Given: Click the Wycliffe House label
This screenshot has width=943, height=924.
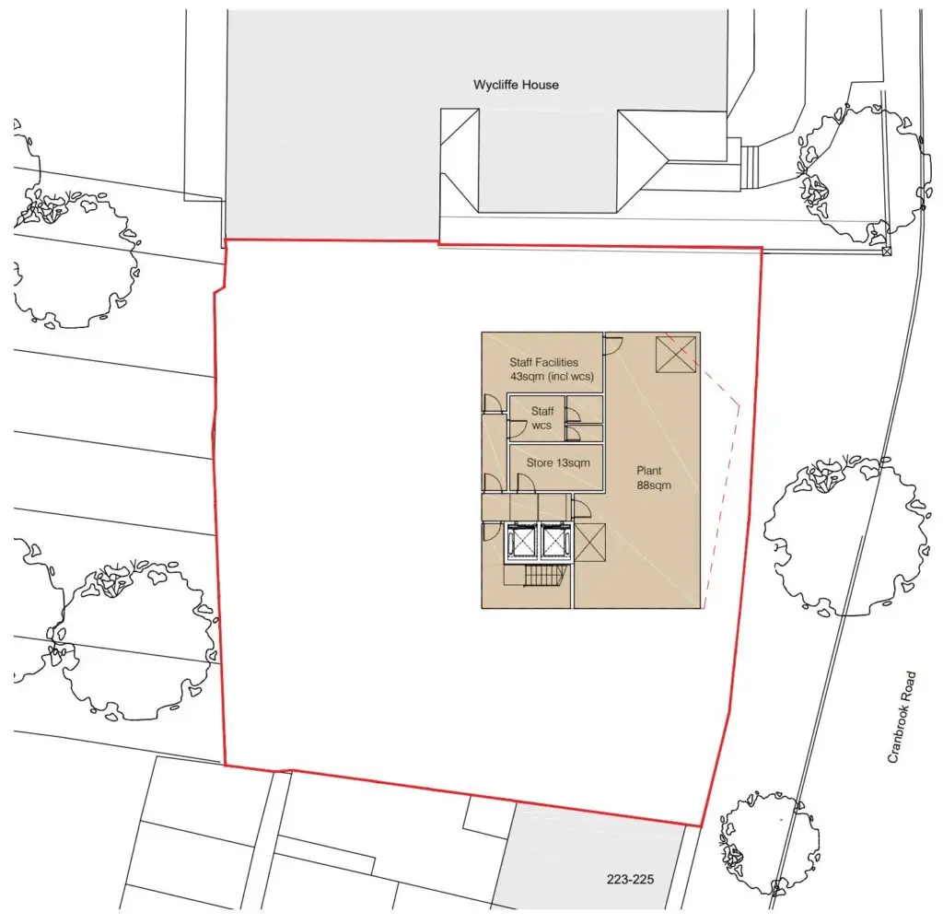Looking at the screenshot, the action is (x=516, y=85).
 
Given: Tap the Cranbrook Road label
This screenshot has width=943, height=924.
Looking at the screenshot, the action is (x=902, y=717).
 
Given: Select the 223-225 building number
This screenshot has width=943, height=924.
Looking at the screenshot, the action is (x=630, y=880).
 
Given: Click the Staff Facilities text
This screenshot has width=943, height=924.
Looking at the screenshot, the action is (x=543, y=362).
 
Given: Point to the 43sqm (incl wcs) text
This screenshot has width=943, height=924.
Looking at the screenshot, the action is (x=552, y=377).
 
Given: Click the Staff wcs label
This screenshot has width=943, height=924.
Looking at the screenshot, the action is (x=541, y=418).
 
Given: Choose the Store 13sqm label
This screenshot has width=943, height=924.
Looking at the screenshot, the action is (x=558, y=462).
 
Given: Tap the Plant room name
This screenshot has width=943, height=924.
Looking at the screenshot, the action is (x=649, y=471).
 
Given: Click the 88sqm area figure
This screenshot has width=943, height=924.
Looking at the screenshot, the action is (x=654, y=485).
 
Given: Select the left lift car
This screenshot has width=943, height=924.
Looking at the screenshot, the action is (x=520, y=542).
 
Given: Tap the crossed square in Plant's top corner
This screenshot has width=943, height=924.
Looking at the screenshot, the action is (x=675, y=355).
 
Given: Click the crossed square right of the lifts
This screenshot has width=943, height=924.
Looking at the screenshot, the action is (x=590, y=543).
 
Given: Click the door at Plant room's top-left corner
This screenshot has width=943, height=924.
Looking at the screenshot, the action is (x=613, y=345).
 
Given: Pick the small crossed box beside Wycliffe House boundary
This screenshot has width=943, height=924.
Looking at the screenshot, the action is (x=886, y=251).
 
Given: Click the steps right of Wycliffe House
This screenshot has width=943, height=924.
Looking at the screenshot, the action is (x=750, y=168).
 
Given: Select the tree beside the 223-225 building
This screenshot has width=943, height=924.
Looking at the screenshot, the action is (x=770, y=842).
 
